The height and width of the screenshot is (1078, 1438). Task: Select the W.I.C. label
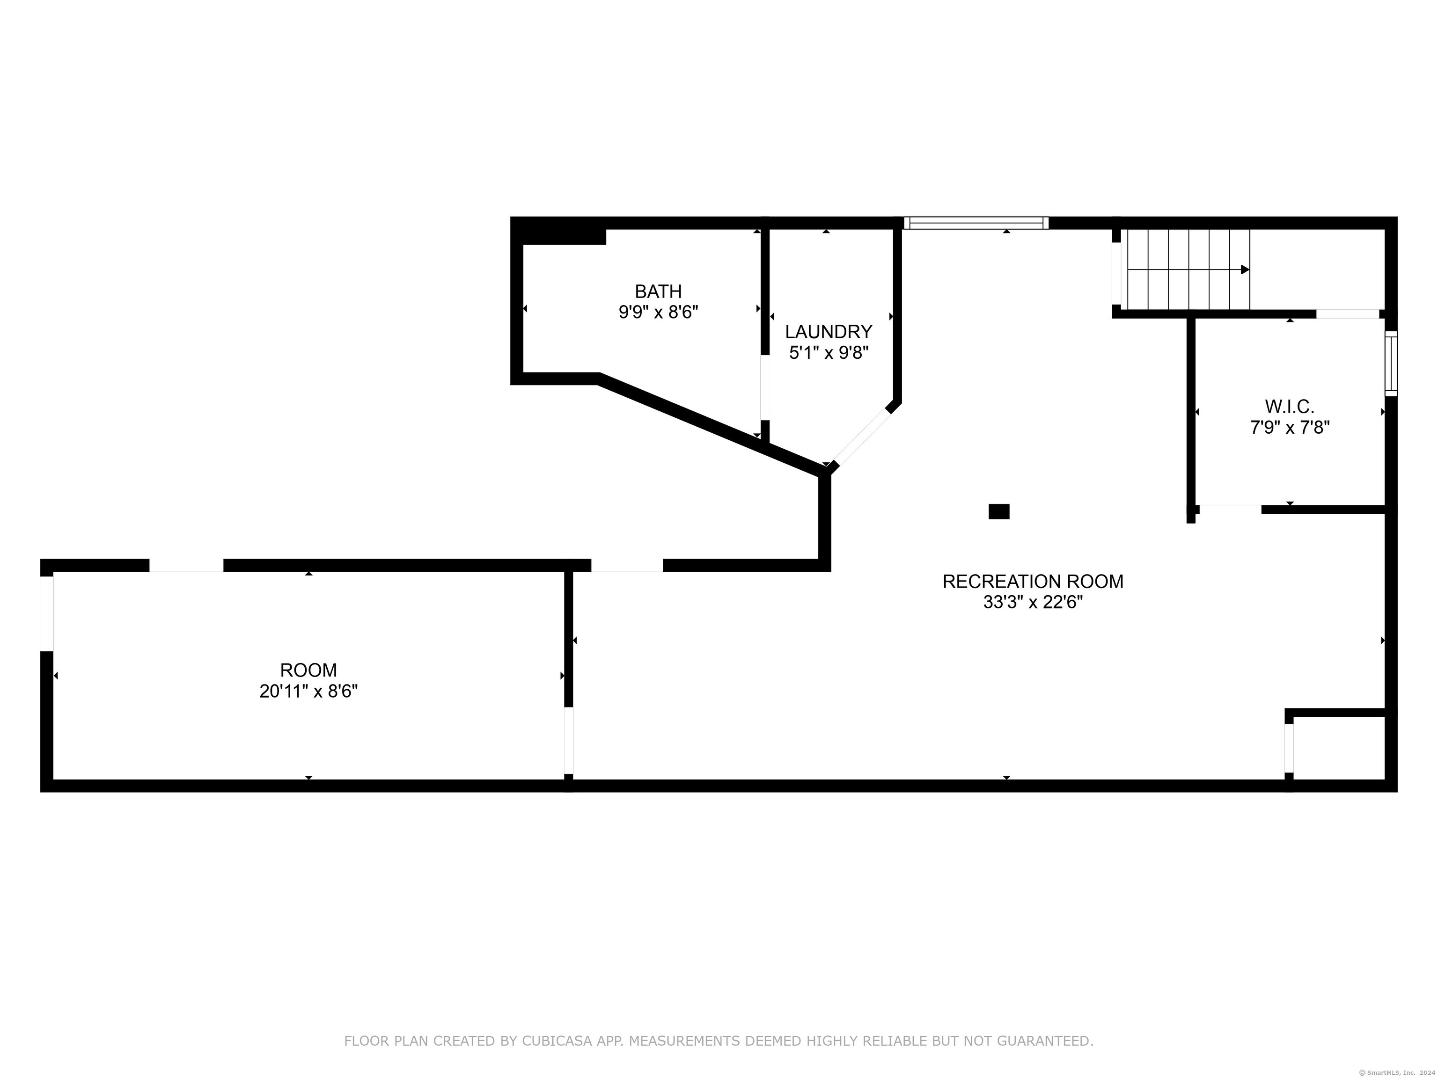click(x=1290, y=407)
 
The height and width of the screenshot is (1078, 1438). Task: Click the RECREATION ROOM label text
click(x=1033, y=582)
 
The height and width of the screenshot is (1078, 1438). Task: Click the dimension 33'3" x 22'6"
click(x=1033, y=602)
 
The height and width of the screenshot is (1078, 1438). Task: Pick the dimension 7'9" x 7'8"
click(x=1290, y=428)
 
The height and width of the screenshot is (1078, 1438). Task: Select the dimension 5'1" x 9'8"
click(x=829, y=353)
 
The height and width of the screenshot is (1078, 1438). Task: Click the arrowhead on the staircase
click(x=1245, y=269)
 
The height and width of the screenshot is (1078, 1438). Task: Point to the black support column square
click(x=999, y=512)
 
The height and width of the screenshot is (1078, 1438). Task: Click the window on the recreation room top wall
click(x=976, y=223)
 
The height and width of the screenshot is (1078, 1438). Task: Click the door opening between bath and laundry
click(x=765, y=388)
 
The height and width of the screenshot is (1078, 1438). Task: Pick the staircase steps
click(x=1189, y=269)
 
